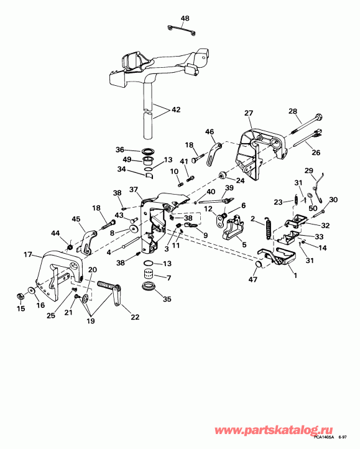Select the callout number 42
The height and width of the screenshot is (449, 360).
(175, 109)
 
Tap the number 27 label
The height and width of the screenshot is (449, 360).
(248, 113)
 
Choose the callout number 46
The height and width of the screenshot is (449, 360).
(210, 132)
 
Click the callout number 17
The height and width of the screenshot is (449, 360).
(27, 254)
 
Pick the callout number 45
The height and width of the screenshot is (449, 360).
(76, 219)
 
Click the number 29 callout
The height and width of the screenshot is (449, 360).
(309, 170)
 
